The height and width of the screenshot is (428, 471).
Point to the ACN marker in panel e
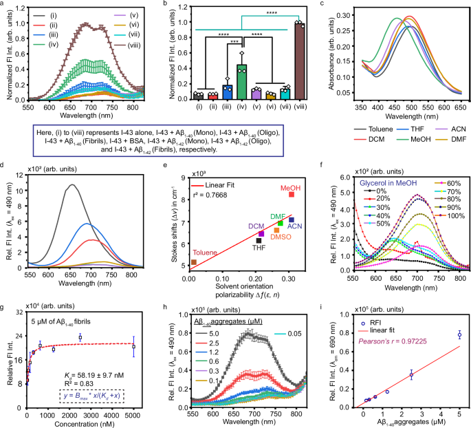click(x=291, y=220)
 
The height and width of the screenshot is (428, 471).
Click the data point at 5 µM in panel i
click(x=459, y=335)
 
